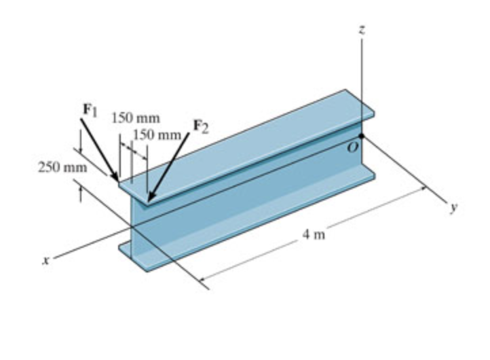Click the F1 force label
[88, 109]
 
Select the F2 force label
[202, 124]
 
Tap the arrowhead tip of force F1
[119, 183]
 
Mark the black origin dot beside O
[363, 136]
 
